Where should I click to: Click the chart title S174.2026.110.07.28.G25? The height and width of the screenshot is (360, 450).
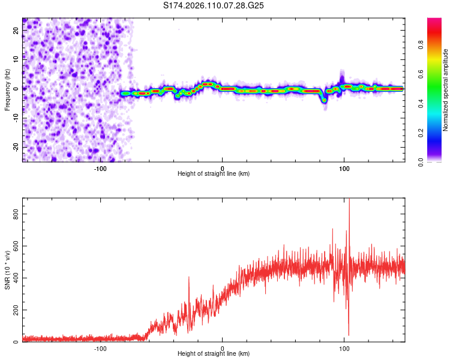click(214, 5)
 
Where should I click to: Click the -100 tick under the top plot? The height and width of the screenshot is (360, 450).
click(100, 169)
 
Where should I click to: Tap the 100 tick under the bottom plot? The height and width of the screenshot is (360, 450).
click(344, 349)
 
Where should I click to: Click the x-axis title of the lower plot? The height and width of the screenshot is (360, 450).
click(214, 355)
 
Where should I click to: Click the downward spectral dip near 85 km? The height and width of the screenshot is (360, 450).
click(325, 100)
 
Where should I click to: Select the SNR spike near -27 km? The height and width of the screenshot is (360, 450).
click(189, 278)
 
